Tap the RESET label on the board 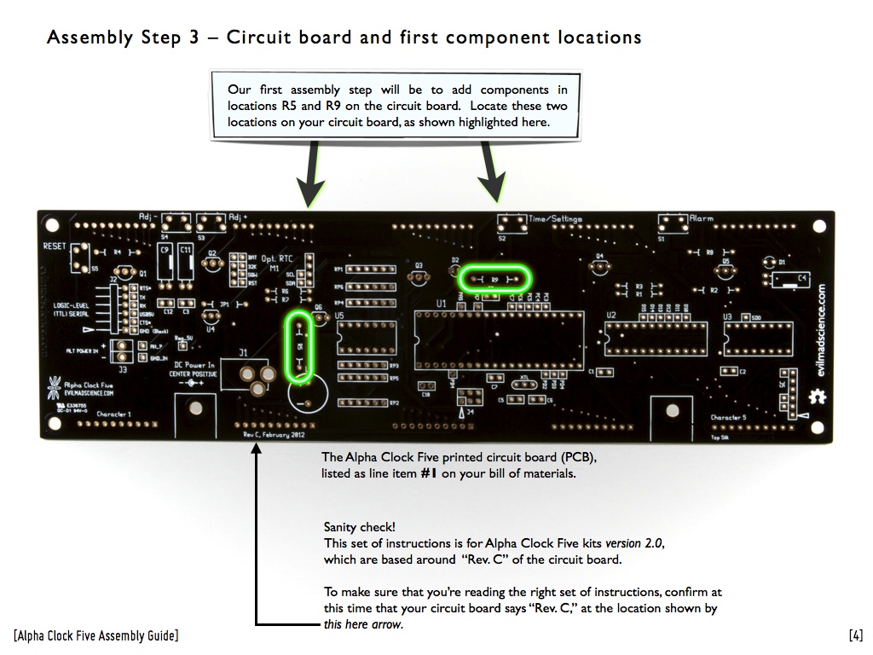click(x=55, y=246)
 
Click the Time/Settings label click(x=556, y=219)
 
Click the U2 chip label click(x=611, y=316)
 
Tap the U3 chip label click(x=727, y=316)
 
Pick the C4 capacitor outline click(x=791, y=278)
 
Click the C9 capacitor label click(x=165, y=250)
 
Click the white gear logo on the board click(x=818, y=397)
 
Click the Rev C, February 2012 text click(x=273, y=434)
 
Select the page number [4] click(x=856, y=635)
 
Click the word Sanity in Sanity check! click(x=341, y=528)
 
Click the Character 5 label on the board click(x=729, y=418)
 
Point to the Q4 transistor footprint click(x=599, y=264)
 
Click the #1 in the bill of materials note click(x=429, y=473)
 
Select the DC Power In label click(x=193, y=365)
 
